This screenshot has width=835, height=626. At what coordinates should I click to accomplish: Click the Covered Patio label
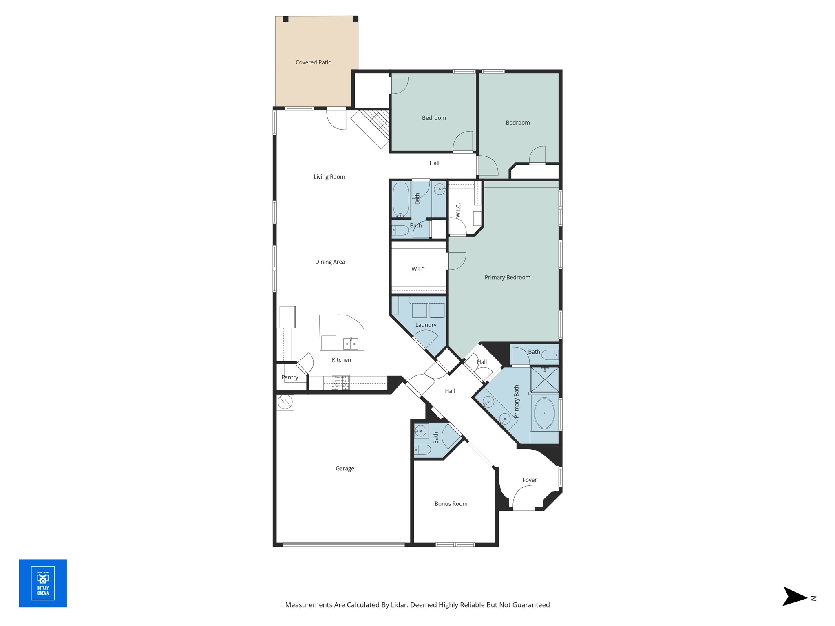click(x=313, y=62)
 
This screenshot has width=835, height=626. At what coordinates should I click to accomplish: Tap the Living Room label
click(x=329, y=177)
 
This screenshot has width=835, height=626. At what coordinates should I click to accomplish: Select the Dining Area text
click(x=330, y=262)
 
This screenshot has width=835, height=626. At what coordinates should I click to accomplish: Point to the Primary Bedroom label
click(x=507, y=278)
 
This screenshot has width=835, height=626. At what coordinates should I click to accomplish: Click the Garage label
click(x=345, y=469)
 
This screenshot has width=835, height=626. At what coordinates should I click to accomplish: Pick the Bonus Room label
click(x=451, y=504)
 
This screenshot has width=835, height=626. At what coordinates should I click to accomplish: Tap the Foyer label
click(x=530, y=480)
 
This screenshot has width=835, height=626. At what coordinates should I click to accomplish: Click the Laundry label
click(x=426, y=325)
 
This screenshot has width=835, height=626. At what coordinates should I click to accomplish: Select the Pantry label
click(x=290, y=377)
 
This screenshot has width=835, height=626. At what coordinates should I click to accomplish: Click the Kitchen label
click(x=341, y=360)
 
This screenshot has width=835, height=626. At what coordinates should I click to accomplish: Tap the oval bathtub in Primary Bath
click(x=544, y=413)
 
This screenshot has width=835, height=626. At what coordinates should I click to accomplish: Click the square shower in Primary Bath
click(x=544, y=379)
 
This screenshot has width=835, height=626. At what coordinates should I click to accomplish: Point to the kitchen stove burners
click(x=340, y=382)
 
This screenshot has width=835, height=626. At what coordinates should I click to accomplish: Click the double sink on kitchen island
click(x=351, y=344)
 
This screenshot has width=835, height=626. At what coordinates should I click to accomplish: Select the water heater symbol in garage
click(x=285, y=402)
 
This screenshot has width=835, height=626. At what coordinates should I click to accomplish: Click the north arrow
click(x=795, y=598)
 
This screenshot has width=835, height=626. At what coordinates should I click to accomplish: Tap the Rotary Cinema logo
click(x=43, y=583)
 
